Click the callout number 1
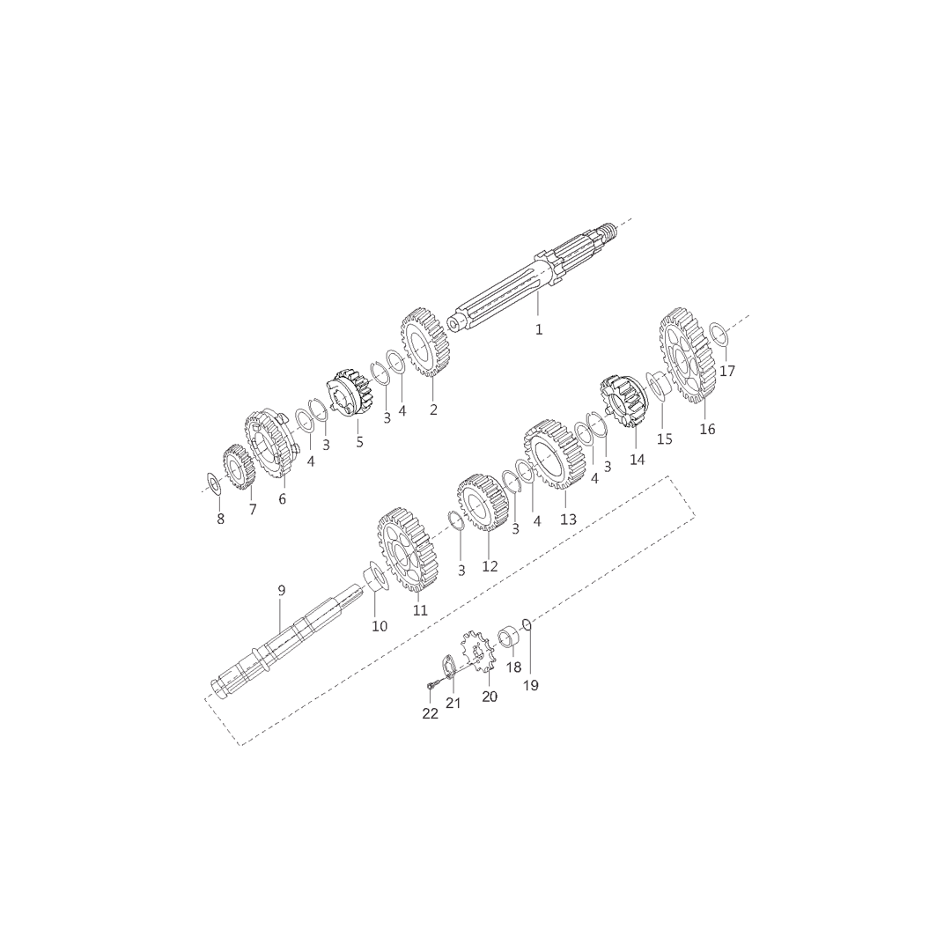(539, 329)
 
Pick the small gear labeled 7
(239, 467)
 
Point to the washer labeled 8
(213, 483)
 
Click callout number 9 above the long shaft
(281, 590)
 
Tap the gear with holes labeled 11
(408, 550)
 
